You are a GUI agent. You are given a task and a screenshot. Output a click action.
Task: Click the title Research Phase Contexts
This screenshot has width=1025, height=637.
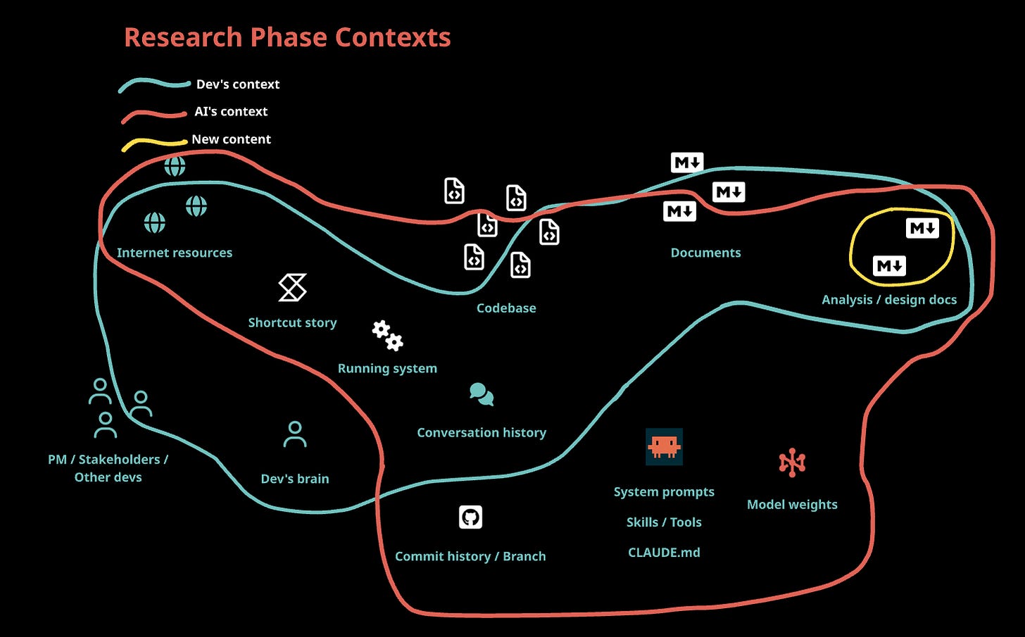(x=287, y=37)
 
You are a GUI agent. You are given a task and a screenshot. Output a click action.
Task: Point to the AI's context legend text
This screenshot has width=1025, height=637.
(x=231, y=111)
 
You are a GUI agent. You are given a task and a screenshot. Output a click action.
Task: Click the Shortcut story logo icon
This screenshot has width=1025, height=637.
(x=292, y=288)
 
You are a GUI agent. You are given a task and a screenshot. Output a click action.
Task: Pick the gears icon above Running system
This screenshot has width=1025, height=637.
(x=387, y=336)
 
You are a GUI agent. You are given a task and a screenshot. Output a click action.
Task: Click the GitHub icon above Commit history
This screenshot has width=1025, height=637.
(x=470, y=517)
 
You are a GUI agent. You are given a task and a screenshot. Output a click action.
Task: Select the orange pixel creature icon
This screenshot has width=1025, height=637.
(x=664, y=446)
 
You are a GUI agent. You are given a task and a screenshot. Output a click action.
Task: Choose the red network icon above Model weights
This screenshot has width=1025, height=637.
(x=792, y=462)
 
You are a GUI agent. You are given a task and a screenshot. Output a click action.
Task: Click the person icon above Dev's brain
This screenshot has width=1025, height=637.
(x=295, y=435)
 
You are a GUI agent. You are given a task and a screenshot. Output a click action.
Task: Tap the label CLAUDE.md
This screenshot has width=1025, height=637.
(x=664, y=553)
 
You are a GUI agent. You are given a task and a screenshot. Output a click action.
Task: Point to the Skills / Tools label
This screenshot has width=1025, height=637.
(x=664, y=522)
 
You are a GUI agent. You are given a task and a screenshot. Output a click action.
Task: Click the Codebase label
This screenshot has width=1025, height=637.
(x=506, y=308)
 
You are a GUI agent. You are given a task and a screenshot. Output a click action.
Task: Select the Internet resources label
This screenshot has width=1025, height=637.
(x=175, y=253)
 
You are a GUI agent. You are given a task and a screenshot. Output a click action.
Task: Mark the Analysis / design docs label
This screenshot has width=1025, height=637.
(x=889, y=300)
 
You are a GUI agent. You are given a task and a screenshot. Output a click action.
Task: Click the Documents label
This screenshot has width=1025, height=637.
(x=705, y=253)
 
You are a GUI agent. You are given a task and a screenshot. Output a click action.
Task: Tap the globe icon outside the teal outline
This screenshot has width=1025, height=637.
(x=175, y=166)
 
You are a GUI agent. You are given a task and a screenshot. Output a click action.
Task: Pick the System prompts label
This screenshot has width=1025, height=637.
(x=664, y=492)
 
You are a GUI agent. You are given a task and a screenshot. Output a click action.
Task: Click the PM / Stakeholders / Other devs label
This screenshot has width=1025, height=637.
(x=108, y=468)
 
